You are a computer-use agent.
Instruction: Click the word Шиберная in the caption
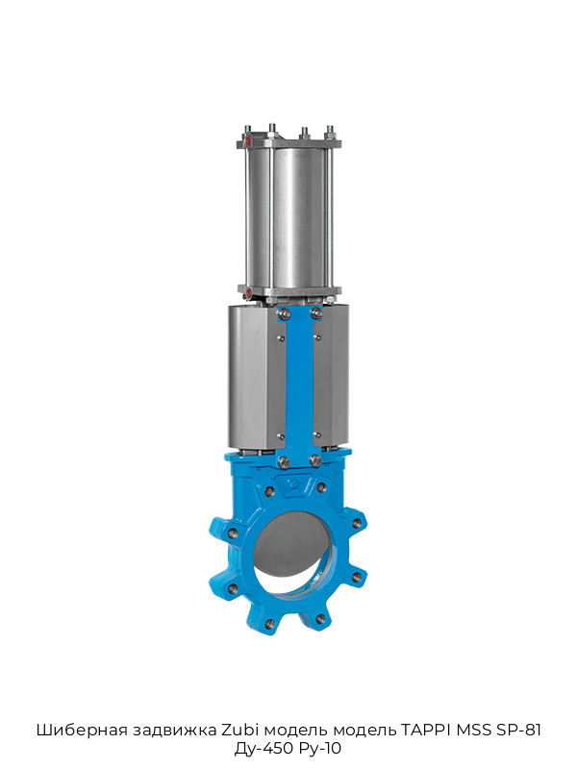click(x=75, y=730)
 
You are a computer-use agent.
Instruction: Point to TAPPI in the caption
click(x=426, y=730)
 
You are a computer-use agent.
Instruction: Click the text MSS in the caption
click(x=474, y=730)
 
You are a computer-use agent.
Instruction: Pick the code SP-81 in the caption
click(x=518, y=730)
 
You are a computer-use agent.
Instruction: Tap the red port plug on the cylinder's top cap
click(x=248, y=139)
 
